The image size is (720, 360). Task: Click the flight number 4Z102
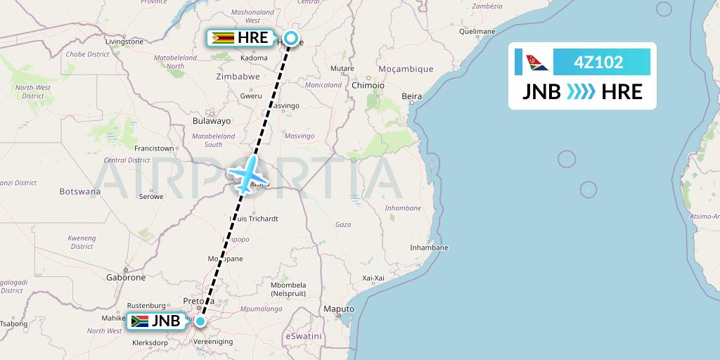[x=598, y=62]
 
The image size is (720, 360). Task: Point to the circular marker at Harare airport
[x=290, y=39]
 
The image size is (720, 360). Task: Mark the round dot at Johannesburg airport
[x=200, y=322]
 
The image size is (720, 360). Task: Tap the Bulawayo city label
[x=212, y=121]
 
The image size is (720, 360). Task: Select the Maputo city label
[x=338, y=309]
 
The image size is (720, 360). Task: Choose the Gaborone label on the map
[x=125, y=278]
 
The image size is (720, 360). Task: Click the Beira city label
[x=411, y=96]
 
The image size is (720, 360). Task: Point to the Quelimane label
[x=477, y=32]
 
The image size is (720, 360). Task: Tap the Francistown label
[x=154, y=148]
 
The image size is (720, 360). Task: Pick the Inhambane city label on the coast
[x=429, y=247]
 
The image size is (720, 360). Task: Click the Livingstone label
[x=124, y=41]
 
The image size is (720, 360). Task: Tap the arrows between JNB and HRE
[x=581, y=92]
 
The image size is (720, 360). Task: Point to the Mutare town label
[x=342, y=68]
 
